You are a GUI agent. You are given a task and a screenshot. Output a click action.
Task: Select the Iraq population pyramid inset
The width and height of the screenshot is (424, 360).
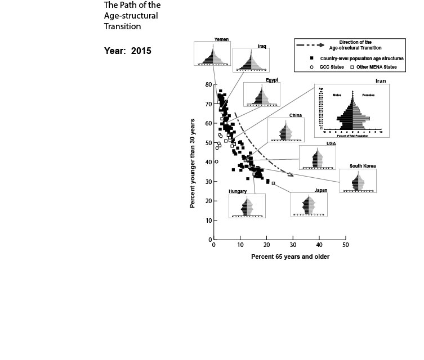click(251, 61)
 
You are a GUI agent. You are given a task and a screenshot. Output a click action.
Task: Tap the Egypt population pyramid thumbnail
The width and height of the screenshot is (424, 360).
click(262, 95)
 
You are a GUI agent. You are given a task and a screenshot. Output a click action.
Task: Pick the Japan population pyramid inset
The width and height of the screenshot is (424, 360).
click(309, 205)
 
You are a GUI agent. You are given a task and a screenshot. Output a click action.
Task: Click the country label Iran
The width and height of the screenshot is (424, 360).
click(381, 81)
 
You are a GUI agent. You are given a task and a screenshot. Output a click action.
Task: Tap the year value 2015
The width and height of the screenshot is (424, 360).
click(141, 50)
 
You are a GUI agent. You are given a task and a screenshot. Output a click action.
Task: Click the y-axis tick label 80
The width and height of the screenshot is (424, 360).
click(208, 84)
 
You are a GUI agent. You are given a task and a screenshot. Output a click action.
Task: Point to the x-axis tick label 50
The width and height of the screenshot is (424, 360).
click(346, 245)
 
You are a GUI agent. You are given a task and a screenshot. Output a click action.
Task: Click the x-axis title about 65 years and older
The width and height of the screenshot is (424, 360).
click(290, 256)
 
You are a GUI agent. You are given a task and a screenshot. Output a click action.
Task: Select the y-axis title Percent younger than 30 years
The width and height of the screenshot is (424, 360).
click(193, 163)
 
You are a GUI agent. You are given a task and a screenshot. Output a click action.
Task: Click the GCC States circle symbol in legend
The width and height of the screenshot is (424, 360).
click(311, 67)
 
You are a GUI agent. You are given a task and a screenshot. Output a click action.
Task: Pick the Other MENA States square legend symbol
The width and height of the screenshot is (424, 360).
click(352, 67)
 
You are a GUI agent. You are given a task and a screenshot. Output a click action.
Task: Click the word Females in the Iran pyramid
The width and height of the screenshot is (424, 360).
click(368, 95)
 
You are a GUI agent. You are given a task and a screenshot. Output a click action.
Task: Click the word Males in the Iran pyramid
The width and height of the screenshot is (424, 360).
click(337, 95)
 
